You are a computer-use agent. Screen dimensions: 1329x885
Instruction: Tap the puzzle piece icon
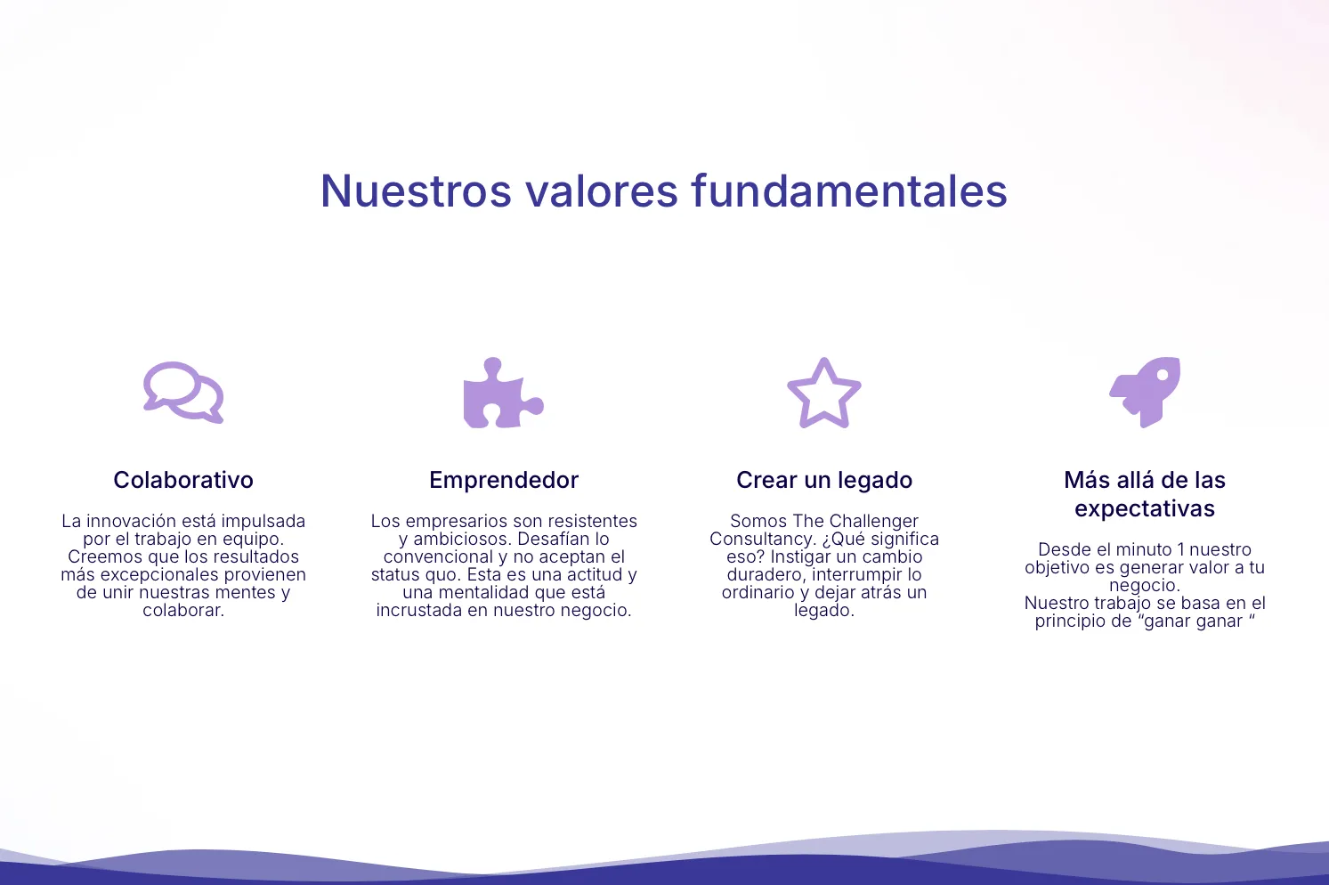click(x=503, y=393)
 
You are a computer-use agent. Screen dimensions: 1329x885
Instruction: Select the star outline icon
click(x=824, y=393)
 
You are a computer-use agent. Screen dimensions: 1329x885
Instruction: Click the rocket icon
click(x=1145, y=392)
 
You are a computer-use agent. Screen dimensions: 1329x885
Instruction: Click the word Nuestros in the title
click(x=416, y=191)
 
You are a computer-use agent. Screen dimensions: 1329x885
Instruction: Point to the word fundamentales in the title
click(x=849, y=191)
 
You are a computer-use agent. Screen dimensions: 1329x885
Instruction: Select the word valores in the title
click(x=602, y=191)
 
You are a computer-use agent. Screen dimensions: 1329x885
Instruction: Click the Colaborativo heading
click(x=183, y=480)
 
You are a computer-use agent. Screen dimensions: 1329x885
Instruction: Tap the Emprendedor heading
click(x=504, y=480)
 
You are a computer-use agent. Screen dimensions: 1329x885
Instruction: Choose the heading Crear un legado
click(x=824, y=481)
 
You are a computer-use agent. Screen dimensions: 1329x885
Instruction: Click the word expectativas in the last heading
click(x=1145, y=509)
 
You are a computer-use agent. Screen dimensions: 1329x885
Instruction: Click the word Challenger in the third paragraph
click(x=875, y=521)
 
